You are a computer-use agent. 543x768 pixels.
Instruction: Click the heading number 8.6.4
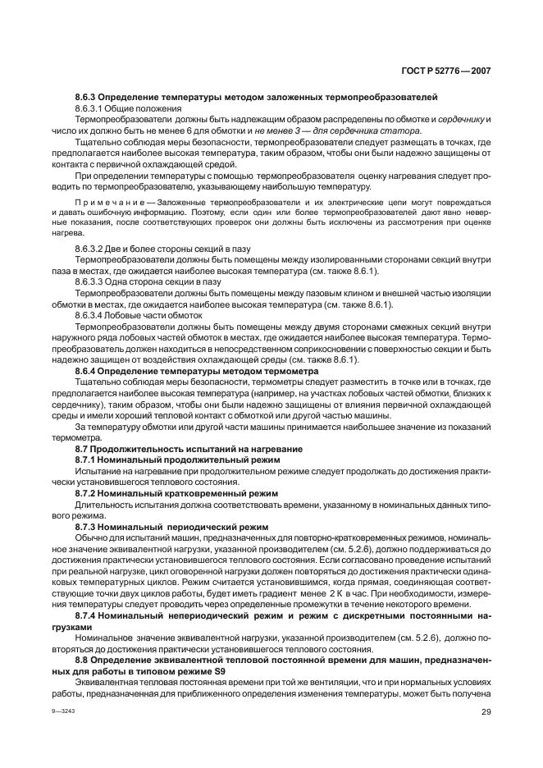87,370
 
